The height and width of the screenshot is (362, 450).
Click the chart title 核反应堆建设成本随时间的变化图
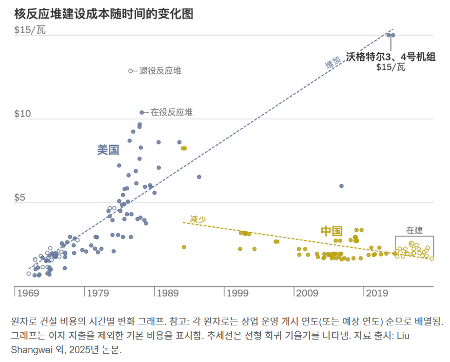pos(104,14)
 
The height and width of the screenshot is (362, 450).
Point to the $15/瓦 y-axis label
pos(30,30)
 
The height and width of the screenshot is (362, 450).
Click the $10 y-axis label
pos(23,114)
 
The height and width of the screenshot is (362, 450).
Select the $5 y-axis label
pos(20,198)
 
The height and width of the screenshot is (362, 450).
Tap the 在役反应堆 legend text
pos(171,112)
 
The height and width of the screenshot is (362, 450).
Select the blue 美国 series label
pos(108,150)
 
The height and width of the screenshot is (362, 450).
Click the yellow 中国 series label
pos(332,231)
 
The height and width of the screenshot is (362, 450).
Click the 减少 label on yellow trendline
pos(198,219)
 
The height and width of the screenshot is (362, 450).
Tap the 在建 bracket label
pos(414,230)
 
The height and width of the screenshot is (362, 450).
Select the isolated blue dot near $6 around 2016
pos(341,186)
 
